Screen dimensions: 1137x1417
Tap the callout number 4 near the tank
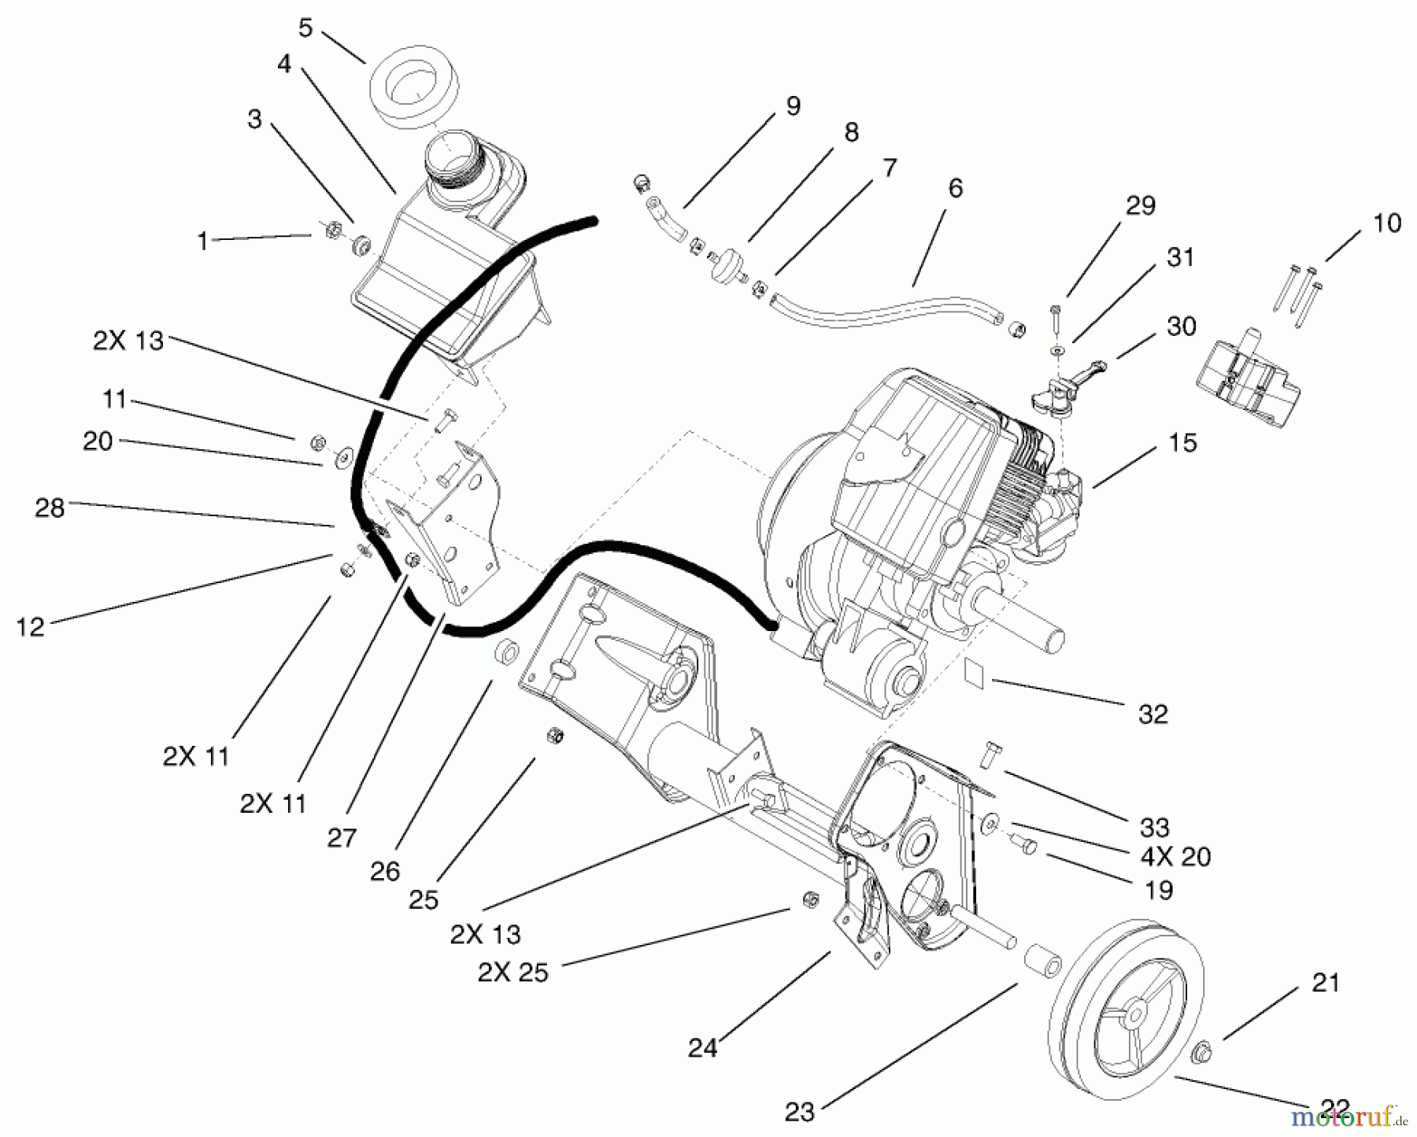click(x=284, y=65)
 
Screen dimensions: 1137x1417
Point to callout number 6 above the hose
click(x=955, y=189)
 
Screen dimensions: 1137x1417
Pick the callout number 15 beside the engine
click(x=1182, y=442)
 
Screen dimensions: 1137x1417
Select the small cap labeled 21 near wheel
click(x=1202, y=1051)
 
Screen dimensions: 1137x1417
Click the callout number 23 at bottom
click(x=799, y=1112)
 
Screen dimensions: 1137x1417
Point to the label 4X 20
click(x=1175, y=856)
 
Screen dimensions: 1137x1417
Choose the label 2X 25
click(x=512, y=973)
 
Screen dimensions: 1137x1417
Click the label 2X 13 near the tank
click(x=128, y=341)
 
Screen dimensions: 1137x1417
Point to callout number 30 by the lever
click(x=1181, y=327)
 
